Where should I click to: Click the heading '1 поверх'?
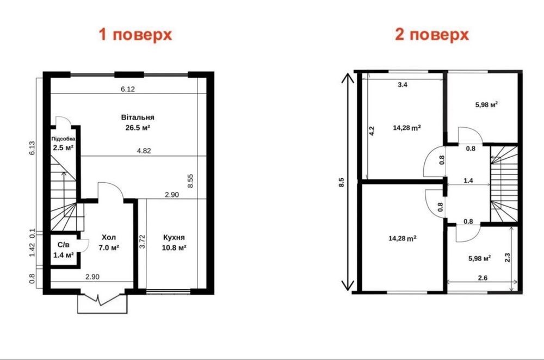pyautogui.click(x=135, y=35)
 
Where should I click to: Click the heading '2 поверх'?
pyautogui.click(x=432, y=35)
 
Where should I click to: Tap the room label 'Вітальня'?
pyautogui.click(x=138, y=117)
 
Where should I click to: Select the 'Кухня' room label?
pyautogui.click(x=174, y=237)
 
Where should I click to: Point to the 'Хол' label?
pyautogui.click(x=109, y=237)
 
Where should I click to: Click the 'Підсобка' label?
pyautogui.click(x=63, y=139)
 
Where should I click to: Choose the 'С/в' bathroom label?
pyautogui.click(x=64, y=245)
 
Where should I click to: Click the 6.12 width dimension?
pyautogui.click(x=128, y=89)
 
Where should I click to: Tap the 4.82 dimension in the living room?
pyautogui.click(x=144, y=151)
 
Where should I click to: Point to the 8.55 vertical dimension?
pyautogui.click(x=190, y=181)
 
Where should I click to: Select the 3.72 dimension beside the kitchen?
pyautogui.click(x=142, y=241)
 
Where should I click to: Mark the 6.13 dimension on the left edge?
pyautogui.click(x=32, y=148)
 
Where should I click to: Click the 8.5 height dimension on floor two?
pyautogui.click(x=342, y=182)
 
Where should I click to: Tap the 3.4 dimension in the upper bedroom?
pyautogui.click(x=403, y=85)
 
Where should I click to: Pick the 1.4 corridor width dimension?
pyautogui.click(x=468, y=181)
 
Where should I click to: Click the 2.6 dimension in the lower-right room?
pyautogui.click(x=483, y=278)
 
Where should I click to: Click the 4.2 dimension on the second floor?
pyautogui.click(x=372, y=131)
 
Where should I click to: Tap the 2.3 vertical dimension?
pyautogui.click(x=507, y=257)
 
